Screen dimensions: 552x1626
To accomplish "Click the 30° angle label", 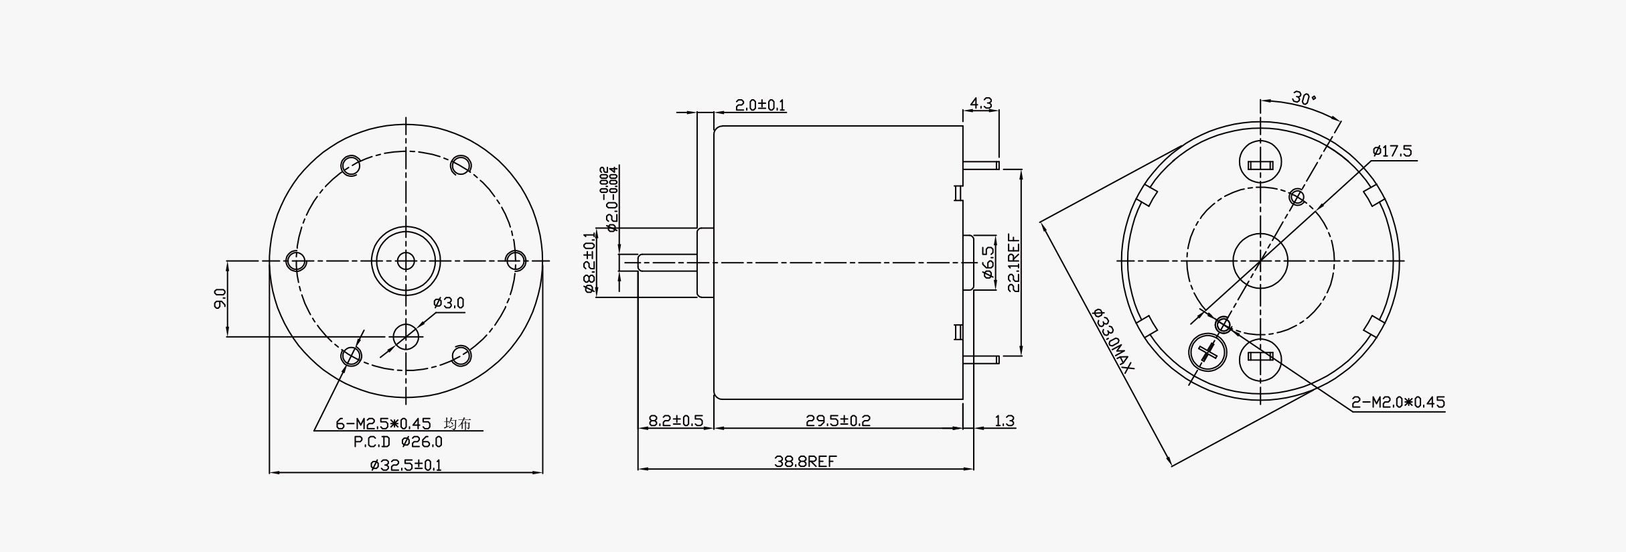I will click(x=1303, y=98).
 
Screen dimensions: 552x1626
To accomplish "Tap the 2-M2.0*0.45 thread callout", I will click(x=1398, y=403).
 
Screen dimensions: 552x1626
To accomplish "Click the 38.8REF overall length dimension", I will click(x=806, y=461).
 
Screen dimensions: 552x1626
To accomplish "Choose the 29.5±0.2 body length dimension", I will click(x=838, y=421).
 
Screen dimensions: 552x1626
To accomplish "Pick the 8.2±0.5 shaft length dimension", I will click(x=676, y=421).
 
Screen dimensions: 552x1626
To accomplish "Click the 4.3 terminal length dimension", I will click(x=981, y=103).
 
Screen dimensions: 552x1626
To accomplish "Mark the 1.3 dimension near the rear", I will click(x=1005, y=421).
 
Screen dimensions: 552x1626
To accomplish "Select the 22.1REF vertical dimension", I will click(x=1013, y=263).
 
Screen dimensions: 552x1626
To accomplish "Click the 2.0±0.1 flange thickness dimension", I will click(x=760, y=105).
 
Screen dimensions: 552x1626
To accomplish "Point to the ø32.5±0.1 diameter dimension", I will click(x=406, y=464).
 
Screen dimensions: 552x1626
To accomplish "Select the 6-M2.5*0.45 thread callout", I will click(x=382, y=424).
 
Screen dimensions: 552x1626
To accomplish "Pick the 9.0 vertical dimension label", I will click(x=220, y=298).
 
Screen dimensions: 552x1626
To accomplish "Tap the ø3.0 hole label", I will click(x=449, y=303).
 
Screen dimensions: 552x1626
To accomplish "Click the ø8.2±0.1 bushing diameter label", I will click(x=589, y=262).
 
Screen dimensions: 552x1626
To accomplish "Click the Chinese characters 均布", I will click(x=457, y=424).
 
